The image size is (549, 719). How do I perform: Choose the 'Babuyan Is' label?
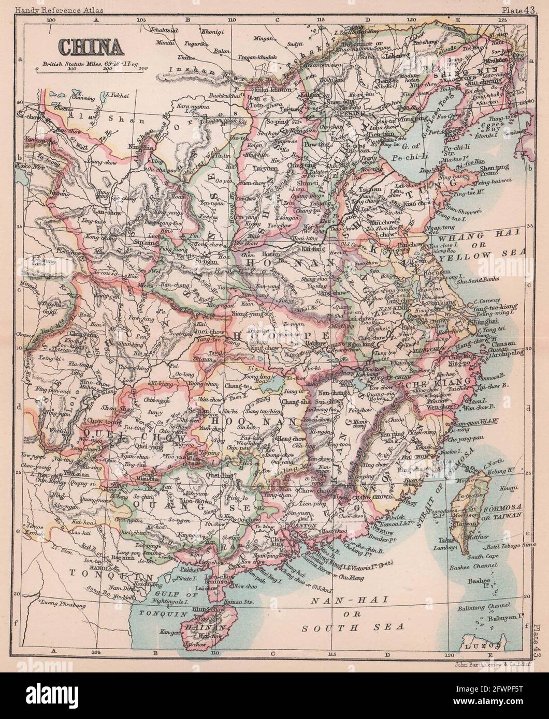coord(505,617)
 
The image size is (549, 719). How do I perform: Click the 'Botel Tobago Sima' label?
coord(509,547)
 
